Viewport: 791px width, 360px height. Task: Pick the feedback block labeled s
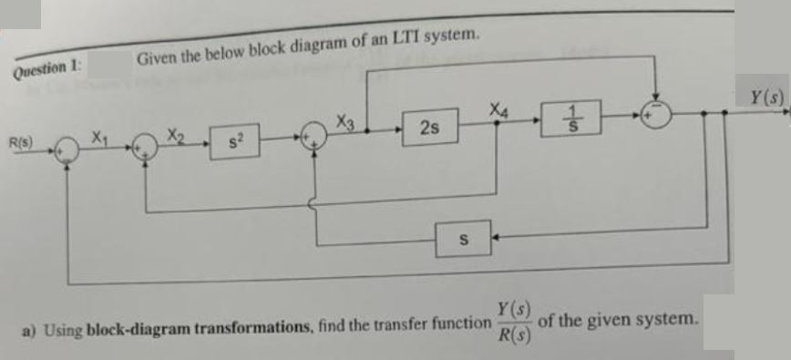[x=464, y=240]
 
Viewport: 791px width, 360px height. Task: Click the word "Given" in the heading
[x=156, y=60]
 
